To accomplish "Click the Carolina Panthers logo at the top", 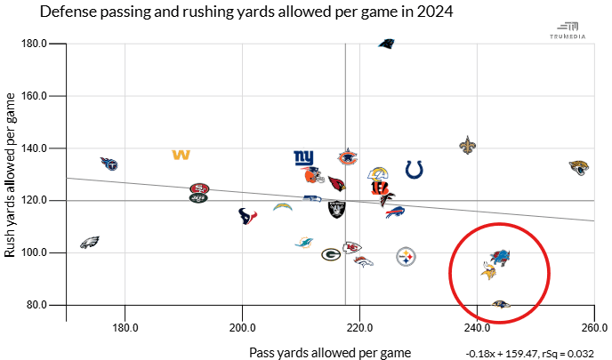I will (x=386, y=43).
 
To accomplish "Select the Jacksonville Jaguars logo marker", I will (x=580, y=166).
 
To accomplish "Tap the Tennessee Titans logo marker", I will (x=109, y=164).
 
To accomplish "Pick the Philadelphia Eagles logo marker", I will (x=89, y=242).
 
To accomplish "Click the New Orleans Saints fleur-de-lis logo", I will (x=468, y=145).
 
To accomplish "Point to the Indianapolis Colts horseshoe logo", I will (x=415, y=169).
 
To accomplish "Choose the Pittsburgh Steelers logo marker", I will (x=407, y=257).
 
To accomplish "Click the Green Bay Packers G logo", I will (x=331, y=254).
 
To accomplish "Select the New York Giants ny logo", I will (x=304, y=158).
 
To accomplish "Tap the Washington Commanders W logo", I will (x=181, y=156).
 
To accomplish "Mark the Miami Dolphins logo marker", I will (x=304, y=242).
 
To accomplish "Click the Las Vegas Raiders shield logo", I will (x=338, y=210).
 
